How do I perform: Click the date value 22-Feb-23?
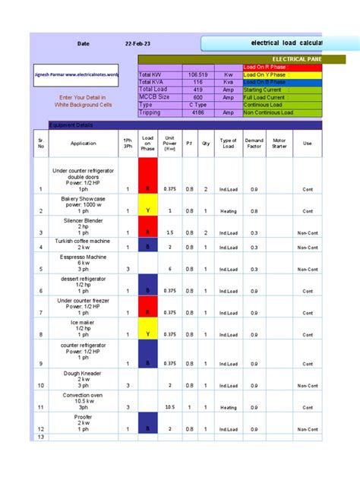tap(141, 44)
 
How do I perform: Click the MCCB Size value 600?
tap(197, 97)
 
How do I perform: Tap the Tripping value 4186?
tap(197, 112)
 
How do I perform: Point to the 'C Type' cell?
tap(197, 105)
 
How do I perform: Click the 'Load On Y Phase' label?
tap(266, 75)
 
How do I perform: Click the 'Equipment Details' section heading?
tap(71, 125)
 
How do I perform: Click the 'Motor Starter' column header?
tap(279, 143)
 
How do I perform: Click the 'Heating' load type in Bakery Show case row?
tap(228, 210)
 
